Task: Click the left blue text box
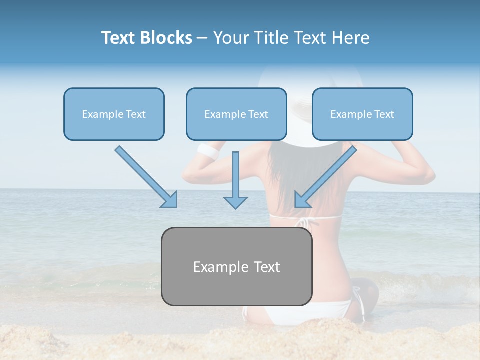tap(114, 114)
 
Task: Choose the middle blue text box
tap(236, 114)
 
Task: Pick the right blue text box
tap(362, 114)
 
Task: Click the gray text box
tap(236, 266)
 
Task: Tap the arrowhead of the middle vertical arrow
tap(235, 202)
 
